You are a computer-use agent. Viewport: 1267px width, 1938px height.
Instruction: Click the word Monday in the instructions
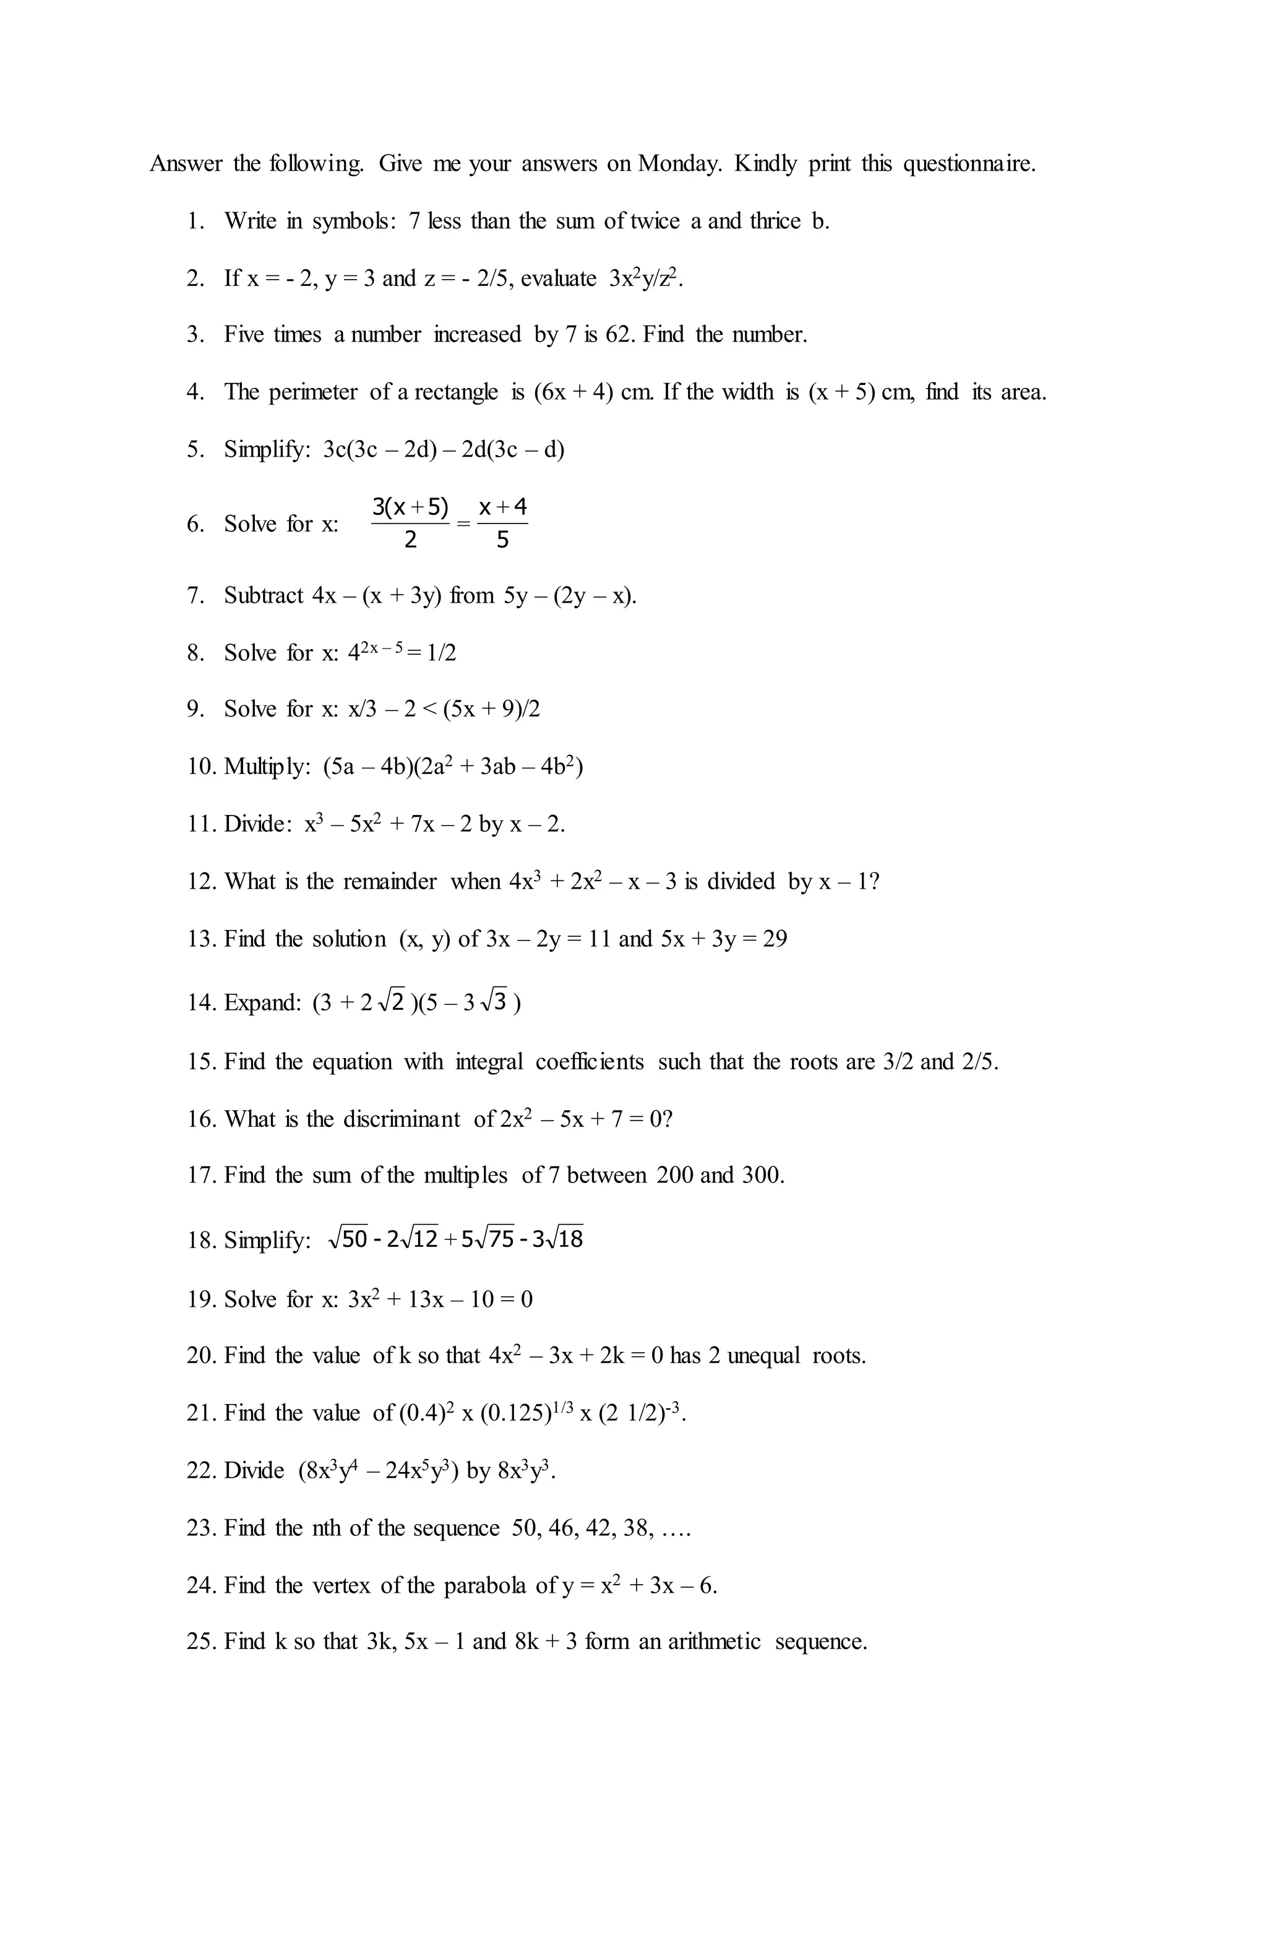[x=678, y=165]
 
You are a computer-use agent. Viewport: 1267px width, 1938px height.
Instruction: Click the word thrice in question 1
[x=775, y=222]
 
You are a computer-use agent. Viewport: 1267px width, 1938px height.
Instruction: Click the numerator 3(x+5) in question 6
[x=410, y=507]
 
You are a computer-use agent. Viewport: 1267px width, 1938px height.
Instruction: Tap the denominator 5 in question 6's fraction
[x=502, y=540]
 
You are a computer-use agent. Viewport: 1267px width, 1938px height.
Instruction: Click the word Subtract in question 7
[x=264, y=596]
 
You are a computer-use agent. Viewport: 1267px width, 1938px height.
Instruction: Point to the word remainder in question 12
[x=389, y=882]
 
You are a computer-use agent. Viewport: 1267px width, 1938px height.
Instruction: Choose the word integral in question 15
[x=489, y=1062]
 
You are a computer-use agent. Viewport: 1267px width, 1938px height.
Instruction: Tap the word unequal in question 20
[x=763, y=1356]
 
